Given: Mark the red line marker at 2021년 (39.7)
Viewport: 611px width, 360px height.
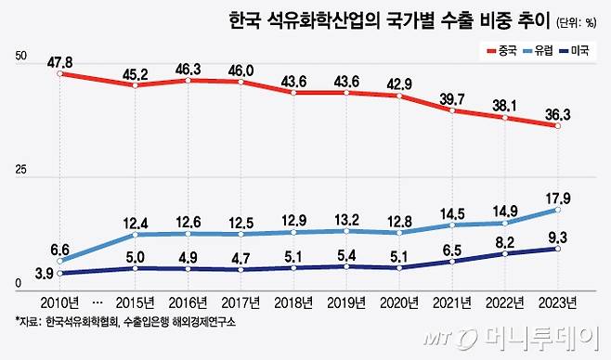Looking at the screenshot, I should click(452, 110).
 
